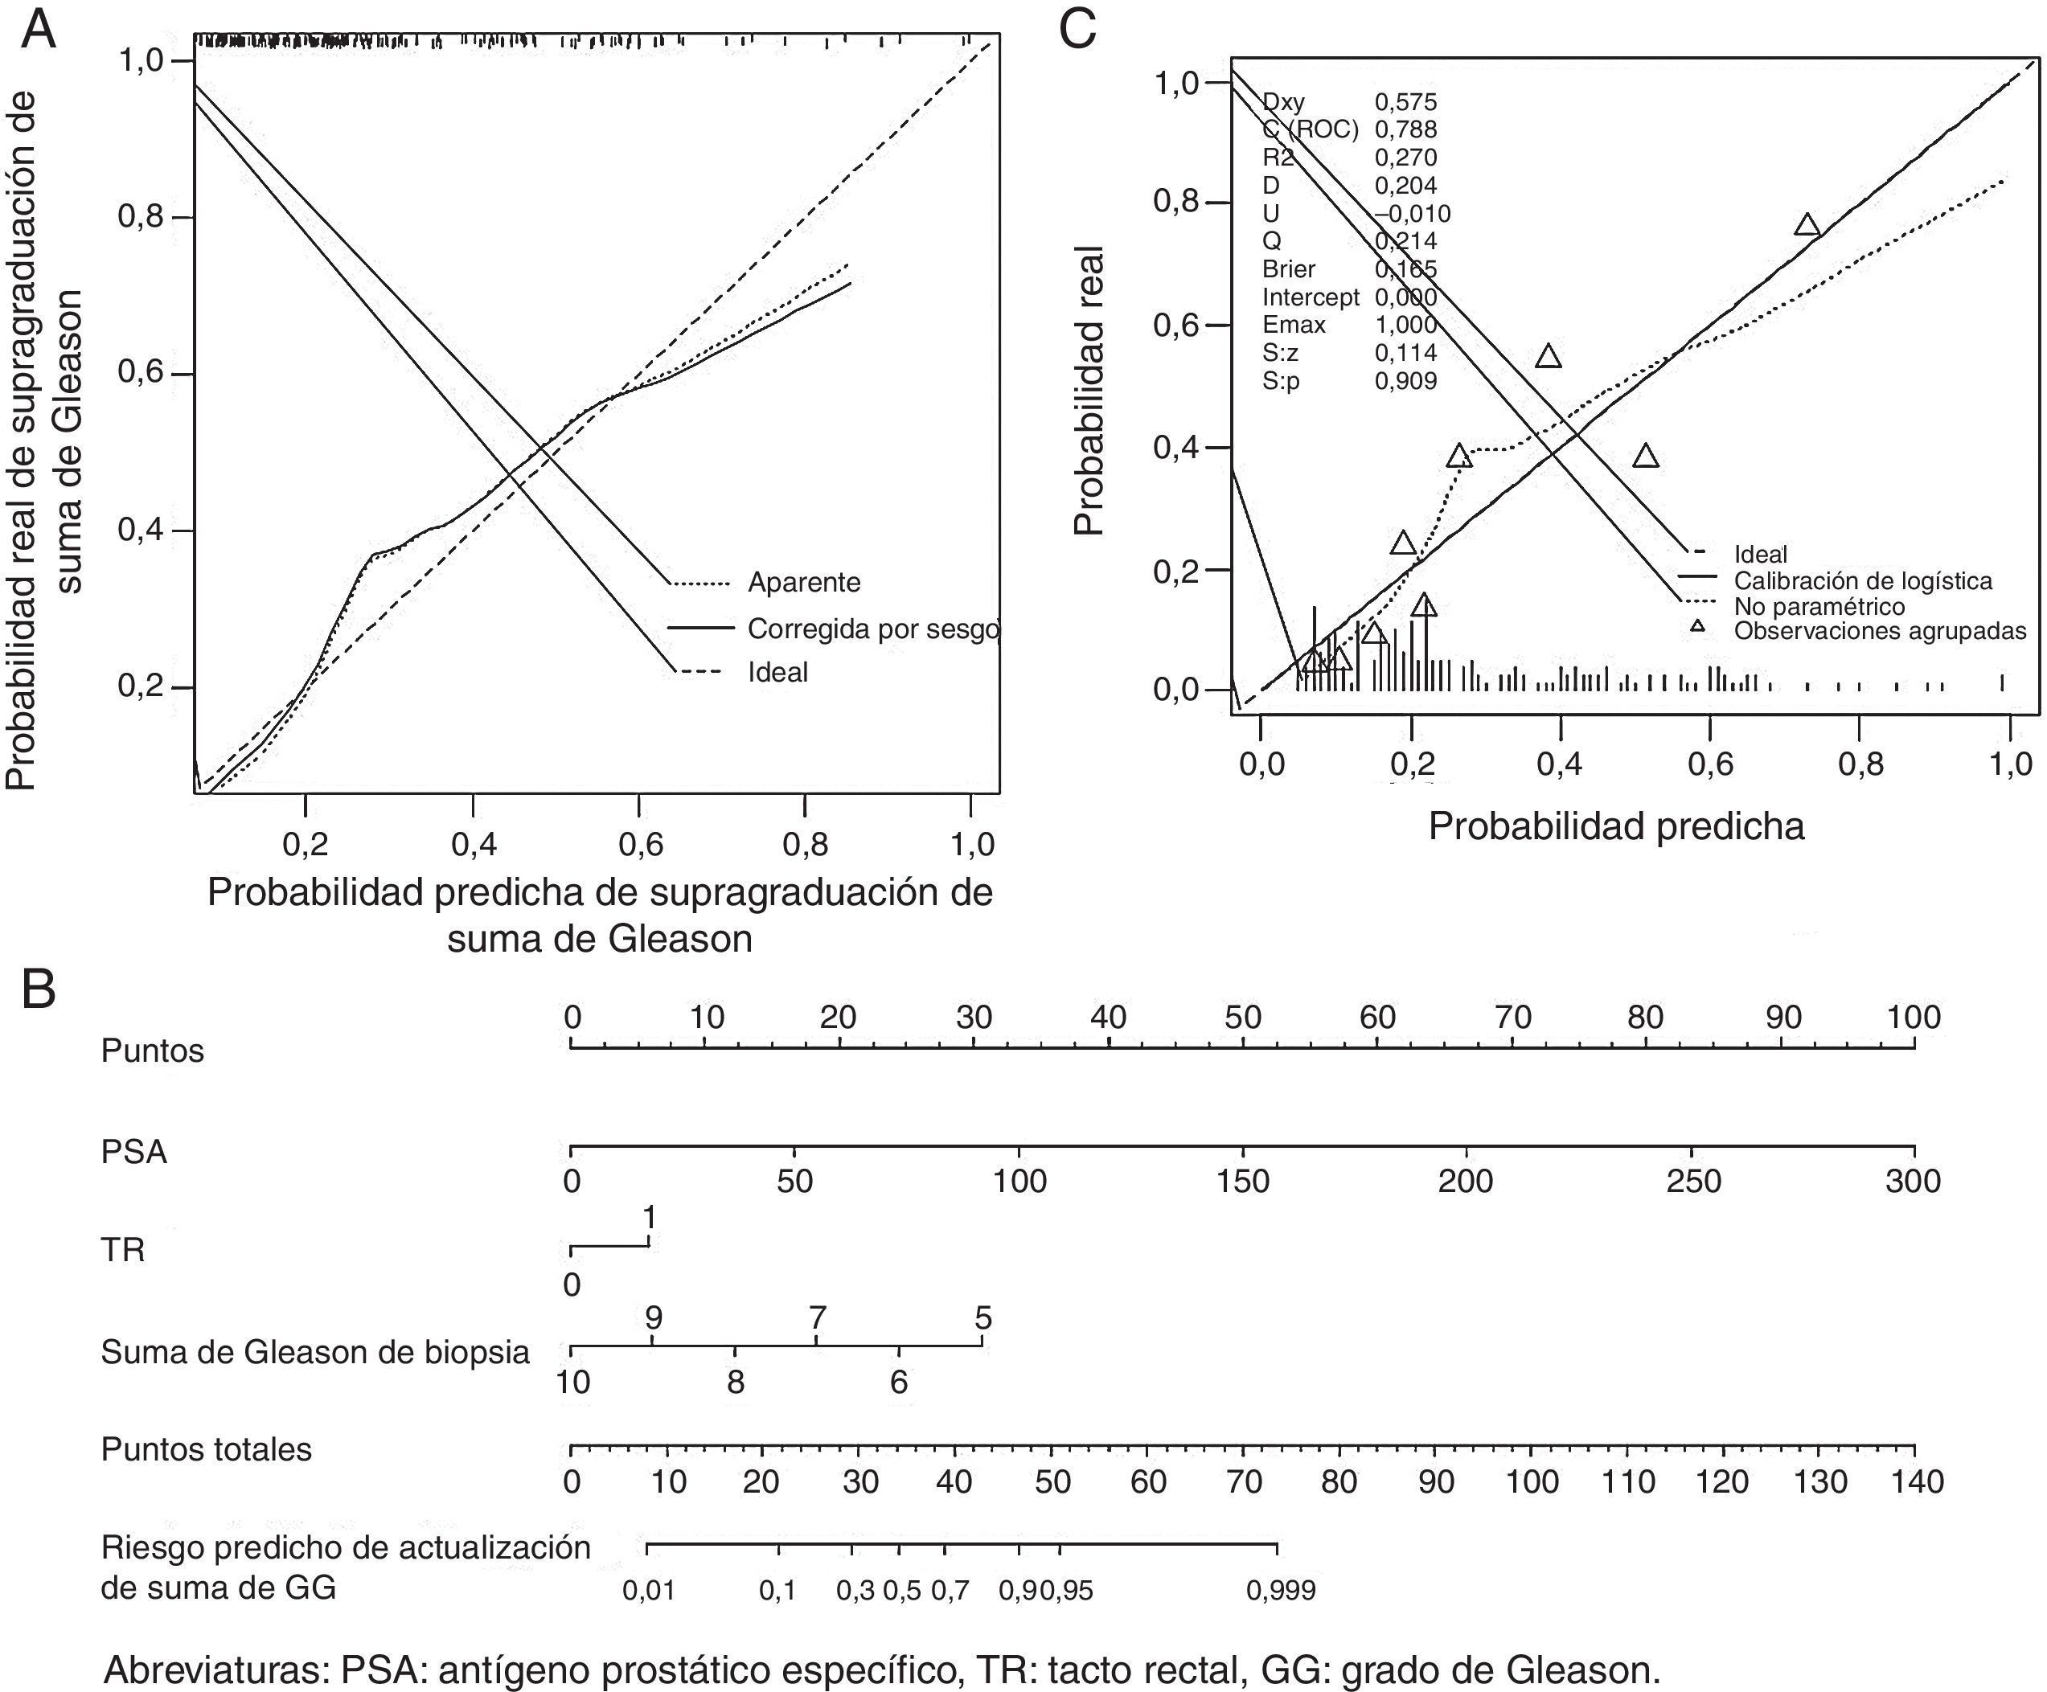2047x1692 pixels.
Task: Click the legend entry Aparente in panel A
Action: point(804,583)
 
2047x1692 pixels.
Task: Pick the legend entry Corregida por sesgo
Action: point(873,629)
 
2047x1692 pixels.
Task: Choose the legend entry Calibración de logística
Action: point(1863,581)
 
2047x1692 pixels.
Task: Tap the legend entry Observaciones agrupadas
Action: point(1879,631)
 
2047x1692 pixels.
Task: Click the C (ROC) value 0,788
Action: point(1405,129)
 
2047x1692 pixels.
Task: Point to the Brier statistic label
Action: point(1289,269)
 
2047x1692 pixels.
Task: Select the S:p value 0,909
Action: point(1405,381)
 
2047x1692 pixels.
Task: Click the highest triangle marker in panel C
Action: point(1807,225)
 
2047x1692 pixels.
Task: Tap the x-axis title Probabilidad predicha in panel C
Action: point(1616,826)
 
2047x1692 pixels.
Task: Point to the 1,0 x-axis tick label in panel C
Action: point(2010,764)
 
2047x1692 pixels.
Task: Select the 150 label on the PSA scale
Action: point(1243,1182)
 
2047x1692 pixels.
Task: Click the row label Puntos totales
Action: point(207,1449)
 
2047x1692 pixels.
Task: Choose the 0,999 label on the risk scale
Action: point(1280,1591)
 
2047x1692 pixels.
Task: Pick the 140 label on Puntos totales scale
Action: point(1915,1482)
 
